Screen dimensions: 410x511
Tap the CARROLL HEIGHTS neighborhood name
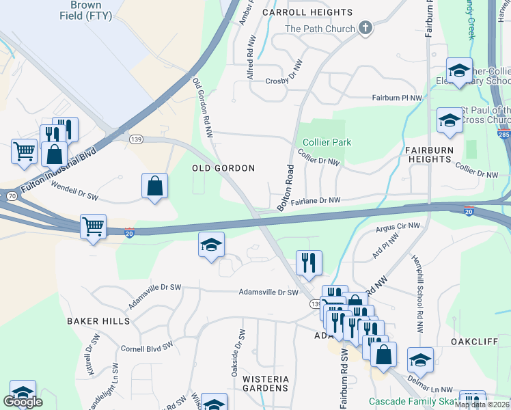pos(307,12)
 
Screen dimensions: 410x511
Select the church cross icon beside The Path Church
pos(365,28)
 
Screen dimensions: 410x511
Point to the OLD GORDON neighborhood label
pos(223,168)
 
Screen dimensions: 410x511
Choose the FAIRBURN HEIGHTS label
pos(428,154)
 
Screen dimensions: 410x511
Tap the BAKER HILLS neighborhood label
pos(98,320)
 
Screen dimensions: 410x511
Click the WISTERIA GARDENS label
pos(266,383)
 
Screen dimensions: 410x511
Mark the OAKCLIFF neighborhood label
pos(471,340)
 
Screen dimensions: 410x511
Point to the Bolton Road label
pos(285,188)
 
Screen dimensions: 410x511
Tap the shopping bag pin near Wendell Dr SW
pos(155,186)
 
